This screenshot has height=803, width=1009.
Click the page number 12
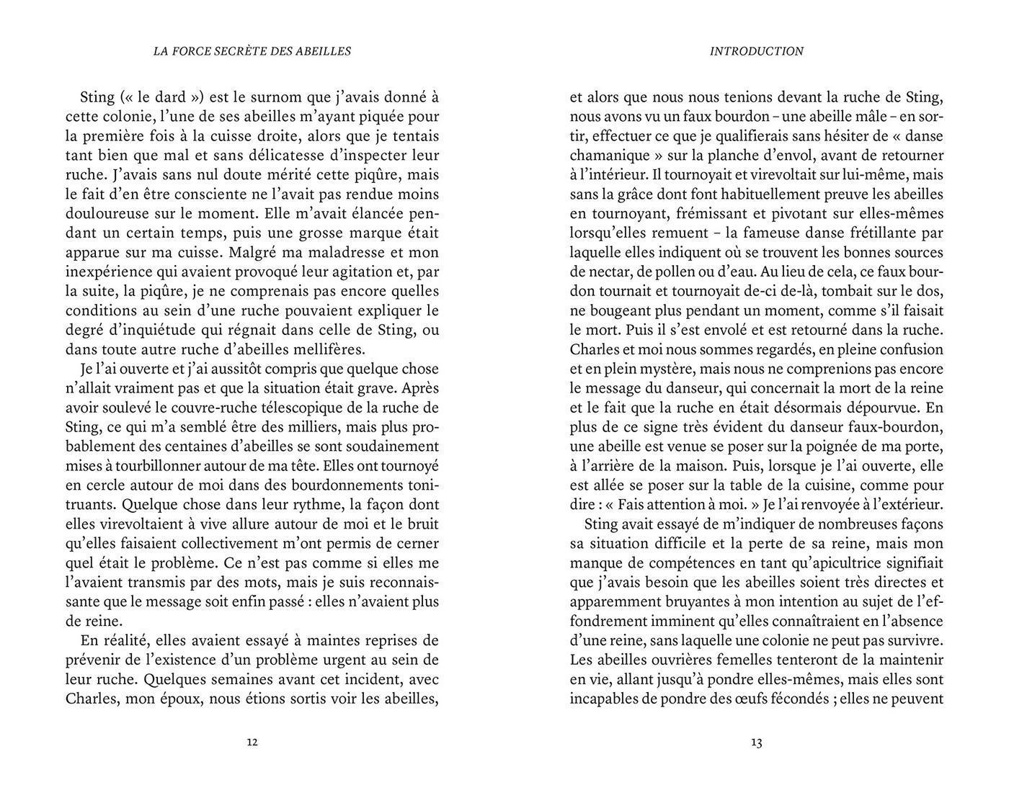[x=252, y=743]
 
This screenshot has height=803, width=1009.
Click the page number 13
[x=756, y=743]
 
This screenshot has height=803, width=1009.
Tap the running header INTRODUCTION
[x=756, y=51]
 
